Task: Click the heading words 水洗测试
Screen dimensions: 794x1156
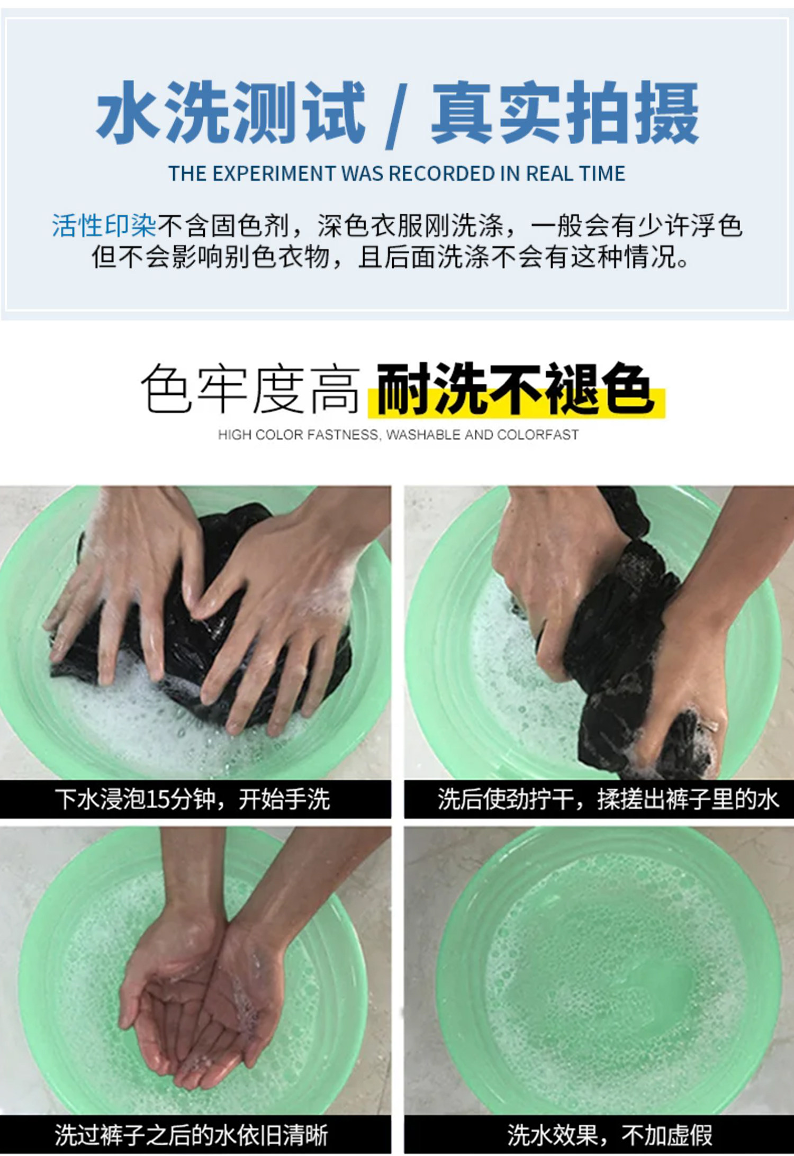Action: pos(231,112)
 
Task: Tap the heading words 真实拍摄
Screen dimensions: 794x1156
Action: pos(565,112)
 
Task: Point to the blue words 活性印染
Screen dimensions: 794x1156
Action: pos(104,226)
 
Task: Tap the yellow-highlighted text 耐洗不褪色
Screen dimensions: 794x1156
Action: pos(514,389)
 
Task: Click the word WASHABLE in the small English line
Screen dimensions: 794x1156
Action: pos(423,435)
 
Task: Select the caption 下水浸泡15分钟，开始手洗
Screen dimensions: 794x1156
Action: pos(192,799)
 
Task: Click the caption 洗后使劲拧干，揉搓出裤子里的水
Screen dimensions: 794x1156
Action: pos(608,799)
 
